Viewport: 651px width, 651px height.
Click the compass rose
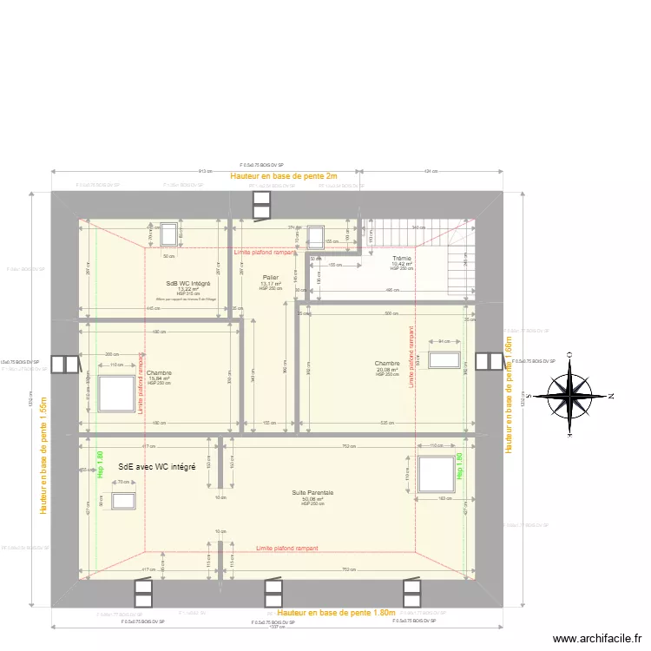[x=570, y=395]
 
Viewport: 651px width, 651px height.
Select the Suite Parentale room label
[x=312, y=493]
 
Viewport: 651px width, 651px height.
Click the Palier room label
[x=271, y=278]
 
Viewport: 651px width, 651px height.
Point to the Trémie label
[x=402, y=259]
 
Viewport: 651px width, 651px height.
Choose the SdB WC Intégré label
[x=188, y=283]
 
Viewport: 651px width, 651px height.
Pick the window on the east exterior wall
[x=490, y=363]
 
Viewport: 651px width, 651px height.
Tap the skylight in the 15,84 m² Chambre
[x=115, y=396]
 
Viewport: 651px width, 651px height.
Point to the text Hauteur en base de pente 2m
[x=283, y=176]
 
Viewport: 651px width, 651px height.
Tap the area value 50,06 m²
[x=312, y=499]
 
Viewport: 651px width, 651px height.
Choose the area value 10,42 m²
[x=402, y=264]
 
